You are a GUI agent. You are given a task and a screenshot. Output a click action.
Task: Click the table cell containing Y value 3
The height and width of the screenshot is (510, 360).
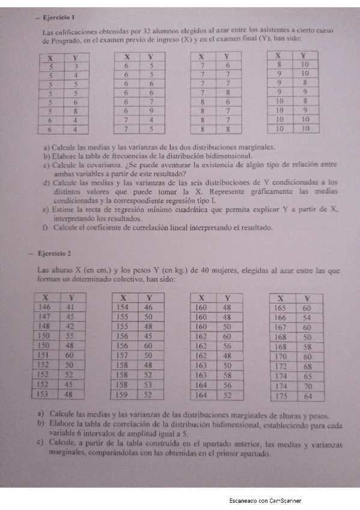pos(75,67)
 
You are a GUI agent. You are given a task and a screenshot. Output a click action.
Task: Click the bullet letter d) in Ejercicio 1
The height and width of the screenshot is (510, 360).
pos(46,181)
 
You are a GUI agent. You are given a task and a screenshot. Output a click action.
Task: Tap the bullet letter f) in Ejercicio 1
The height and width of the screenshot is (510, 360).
pos(46,229)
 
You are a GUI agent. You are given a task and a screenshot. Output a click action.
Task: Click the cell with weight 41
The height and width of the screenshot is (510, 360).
pos(70,307)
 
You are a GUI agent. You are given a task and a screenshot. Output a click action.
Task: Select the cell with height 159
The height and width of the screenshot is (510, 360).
pos(123,395)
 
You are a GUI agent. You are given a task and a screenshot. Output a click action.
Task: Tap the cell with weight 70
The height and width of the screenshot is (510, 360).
pos(307,386)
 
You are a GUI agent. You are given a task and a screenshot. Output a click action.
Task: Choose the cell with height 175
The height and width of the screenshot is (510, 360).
pos(280,396)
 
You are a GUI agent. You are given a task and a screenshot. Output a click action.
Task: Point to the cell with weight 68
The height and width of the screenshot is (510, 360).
pos(307,366)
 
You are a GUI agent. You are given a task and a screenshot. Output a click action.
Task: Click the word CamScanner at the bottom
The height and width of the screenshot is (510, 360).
pos(285,500)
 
